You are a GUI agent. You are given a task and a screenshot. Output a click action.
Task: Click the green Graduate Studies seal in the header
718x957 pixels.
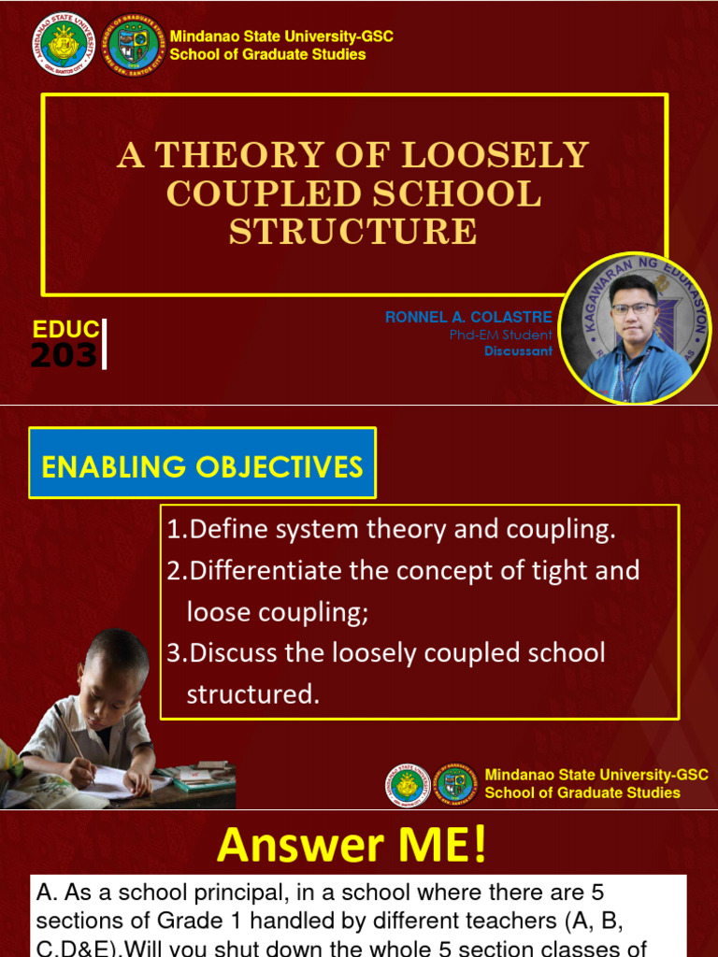(x=136, y=44)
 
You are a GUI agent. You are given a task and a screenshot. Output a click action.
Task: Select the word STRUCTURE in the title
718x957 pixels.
(x=353, y=232)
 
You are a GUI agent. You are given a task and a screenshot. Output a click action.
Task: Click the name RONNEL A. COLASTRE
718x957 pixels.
(x=468, y=318)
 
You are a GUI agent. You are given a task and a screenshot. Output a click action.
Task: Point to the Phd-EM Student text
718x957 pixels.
(x=500, y=335)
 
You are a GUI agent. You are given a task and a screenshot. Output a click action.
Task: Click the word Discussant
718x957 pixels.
(x=518, y=351)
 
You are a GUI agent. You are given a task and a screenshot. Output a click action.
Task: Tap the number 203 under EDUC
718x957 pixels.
(x=64, y=355)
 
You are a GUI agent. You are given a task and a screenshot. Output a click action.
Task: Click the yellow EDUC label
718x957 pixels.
(x=65, y=329)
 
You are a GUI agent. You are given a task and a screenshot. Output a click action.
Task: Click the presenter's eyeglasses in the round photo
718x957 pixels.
(x=633, y=308)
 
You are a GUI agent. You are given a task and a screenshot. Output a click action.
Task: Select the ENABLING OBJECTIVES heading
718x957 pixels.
(x=202, y=465)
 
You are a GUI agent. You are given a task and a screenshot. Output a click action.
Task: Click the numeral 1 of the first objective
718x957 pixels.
(x=174, y=531)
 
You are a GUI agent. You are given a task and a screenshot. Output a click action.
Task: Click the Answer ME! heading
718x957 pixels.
(x=352, y=845)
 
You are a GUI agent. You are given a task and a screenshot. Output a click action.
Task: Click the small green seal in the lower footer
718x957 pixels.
(x=455, y=784)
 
